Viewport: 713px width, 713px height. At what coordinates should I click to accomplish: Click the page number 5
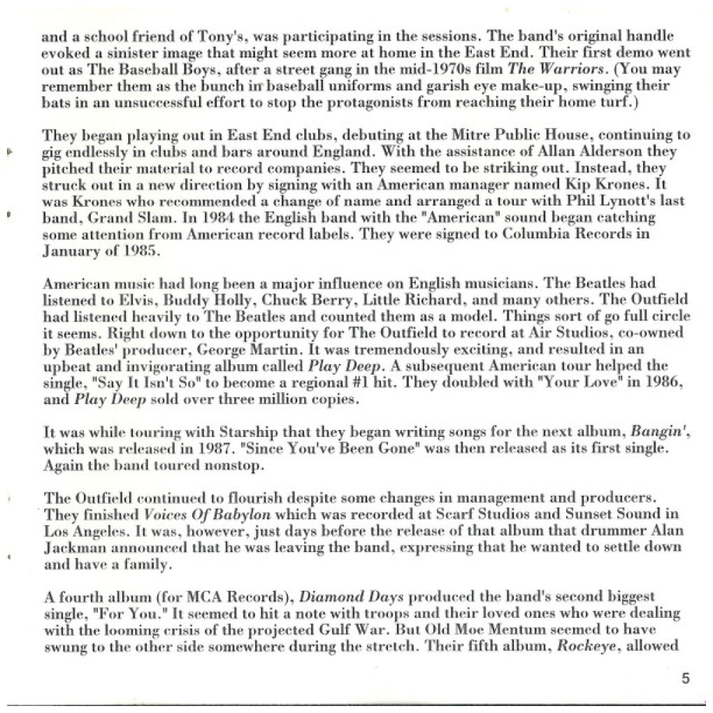click(x=685, y=678)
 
